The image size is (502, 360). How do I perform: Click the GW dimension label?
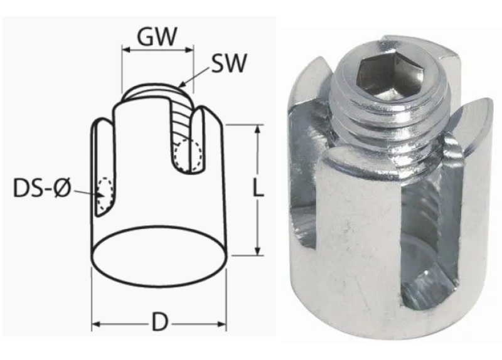(x=157, y=36)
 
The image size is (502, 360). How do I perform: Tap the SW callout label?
(x=229, y=63)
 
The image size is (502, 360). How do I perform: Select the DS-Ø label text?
(x=42, y=188)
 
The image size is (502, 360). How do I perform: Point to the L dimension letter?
(x=258, y=188)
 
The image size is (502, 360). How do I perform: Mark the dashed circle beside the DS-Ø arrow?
(x=105, y=194)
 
